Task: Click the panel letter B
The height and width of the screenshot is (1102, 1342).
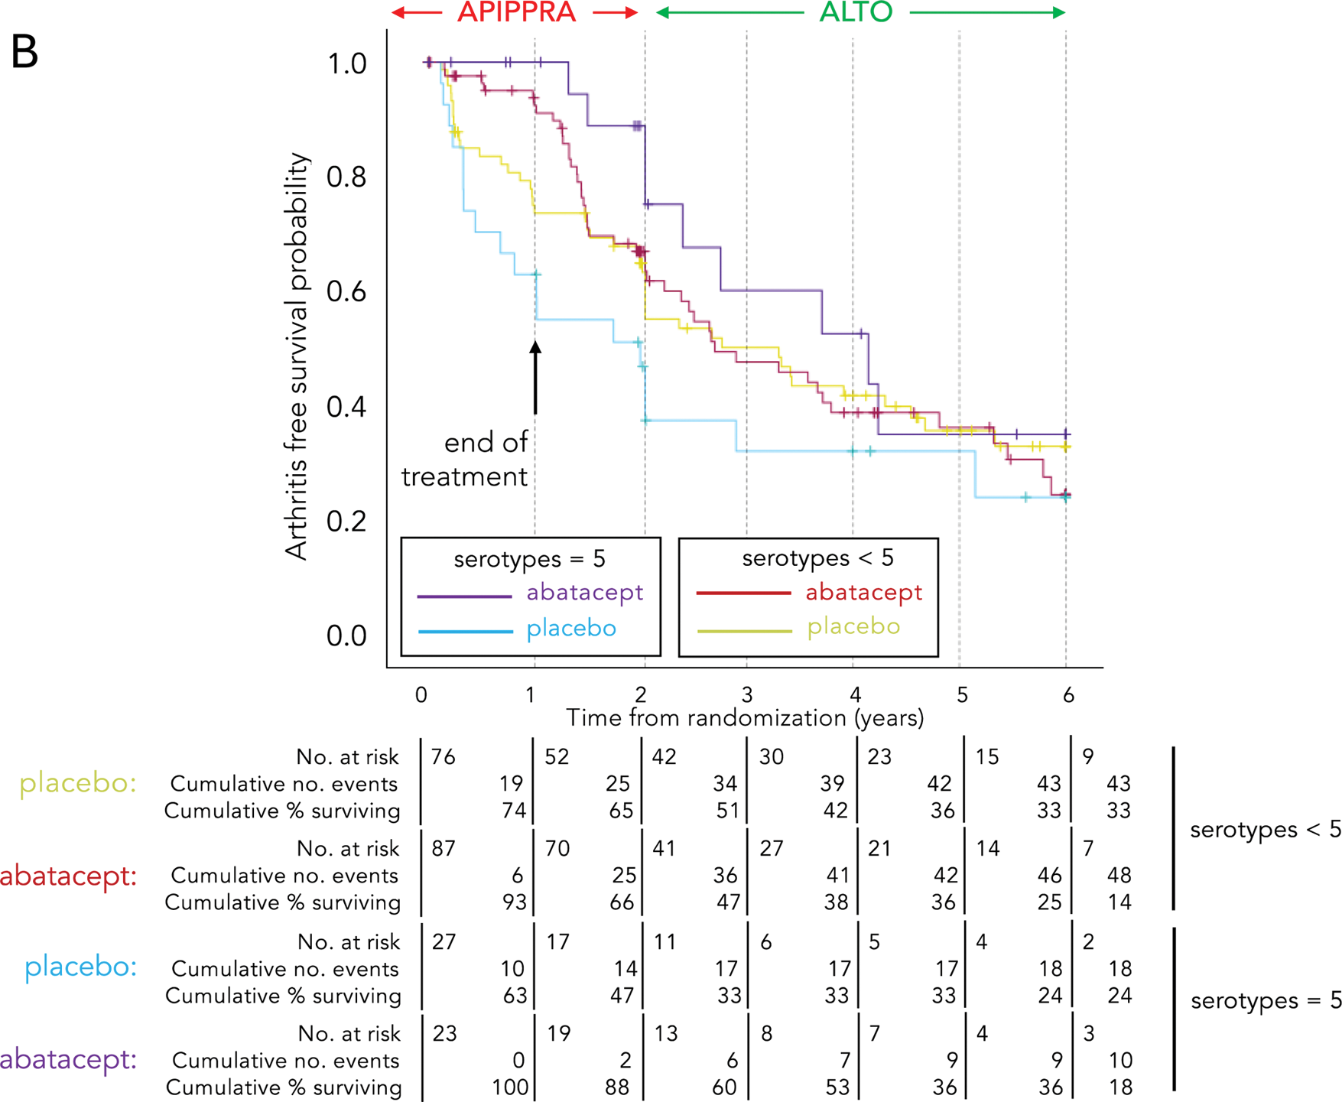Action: coord(25,52)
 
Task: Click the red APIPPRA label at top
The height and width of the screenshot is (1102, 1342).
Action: coord(516,12)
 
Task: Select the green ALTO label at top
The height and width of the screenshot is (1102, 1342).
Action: coord(856,12)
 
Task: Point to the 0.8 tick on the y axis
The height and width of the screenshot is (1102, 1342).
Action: coord(346,177)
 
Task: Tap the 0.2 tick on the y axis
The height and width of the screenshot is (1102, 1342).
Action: coord(346,522)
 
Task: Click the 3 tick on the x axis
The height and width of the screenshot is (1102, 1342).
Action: coord(747,694)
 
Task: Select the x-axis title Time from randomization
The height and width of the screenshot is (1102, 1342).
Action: coord(744,718)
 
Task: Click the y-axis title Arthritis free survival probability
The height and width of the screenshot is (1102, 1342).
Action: coord(297,356)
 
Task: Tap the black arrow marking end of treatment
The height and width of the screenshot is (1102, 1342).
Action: coord(535,378)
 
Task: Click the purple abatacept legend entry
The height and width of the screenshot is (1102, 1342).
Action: coord(584,593)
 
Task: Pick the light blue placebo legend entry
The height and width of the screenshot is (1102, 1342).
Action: coord(570,629)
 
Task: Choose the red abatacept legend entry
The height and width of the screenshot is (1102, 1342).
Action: coord(863,593)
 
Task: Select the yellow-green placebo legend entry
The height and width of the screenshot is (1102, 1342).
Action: coord(853,627)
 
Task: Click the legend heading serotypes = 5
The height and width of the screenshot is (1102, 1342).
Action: coord(529,559)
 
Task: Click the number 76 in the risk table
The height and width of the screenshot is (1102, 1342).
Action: coord(443,757)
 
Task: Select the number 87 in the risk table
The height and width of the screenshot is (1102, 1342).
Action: coord(444,849)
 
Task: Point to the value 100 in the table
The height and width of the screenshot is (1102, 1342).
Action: coord(510,1087)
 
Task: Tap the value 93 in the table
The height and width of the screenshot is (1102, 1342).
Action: coord(514,902)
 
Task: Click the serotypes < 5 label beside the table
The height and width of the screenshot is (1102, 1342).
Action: coord(1265,830)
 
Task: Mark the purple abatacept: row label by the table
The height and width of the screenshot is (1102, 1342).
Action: coord(68,1059)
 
